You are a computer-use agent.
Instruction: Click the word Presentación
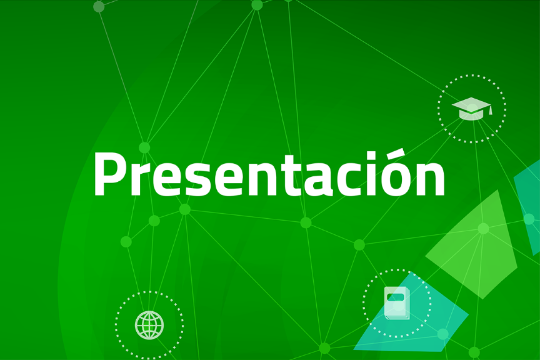coord(269,174)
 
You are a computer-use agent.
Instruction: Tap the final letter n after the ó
coord(431,179)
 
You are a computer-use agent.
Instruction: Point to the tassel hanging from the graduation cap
coord(491,111)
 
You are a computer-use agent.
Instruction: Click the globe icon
coord(149,325)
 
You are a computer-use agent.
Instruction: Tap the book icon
coord(397,302)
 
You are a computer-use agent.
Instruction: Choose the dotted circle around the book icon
coord(364,302)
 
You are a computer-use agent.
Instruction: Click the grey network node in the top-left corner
coord(99,7)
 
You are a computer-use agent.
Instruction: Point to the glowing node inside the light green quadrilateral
coord(483,229)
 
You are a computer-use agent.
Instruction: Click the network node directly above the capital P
coord(144,148)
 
